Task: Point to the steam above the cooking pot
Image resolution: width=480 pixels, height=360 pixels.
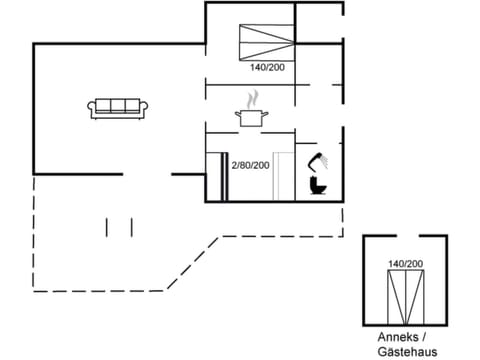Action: [253, 99]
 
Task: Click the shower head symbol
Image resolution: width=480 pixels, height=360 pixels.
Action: [321, 160]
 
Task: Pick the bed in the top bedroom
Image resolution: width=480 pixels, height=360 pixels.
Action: [267, 42]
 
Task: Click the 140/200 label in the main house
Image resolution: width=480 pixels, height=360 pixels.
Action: [267, 68]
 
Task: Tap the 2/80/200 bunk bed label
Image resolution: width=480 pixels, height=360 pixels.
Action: [250, 164]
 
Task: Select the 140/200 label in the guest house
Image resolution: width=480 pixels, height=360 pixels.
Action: [405, 263]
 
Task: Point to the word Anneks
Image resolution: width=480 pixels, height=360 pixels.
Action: [390, 336]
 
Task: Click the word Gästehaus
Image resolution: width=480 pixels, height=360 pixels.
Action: [404, 351]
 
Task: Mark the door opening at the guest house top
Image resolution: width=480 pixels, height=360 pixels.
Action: [404, 237]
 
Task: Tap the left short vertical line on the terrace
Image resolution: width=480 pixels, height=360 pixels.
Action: [107, 226]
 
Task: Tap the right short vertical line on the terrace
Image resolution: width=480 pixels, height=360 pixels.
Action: [132, 226]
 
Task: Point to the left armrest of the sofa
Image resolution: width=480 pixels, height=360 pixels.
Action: [92, 109]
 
